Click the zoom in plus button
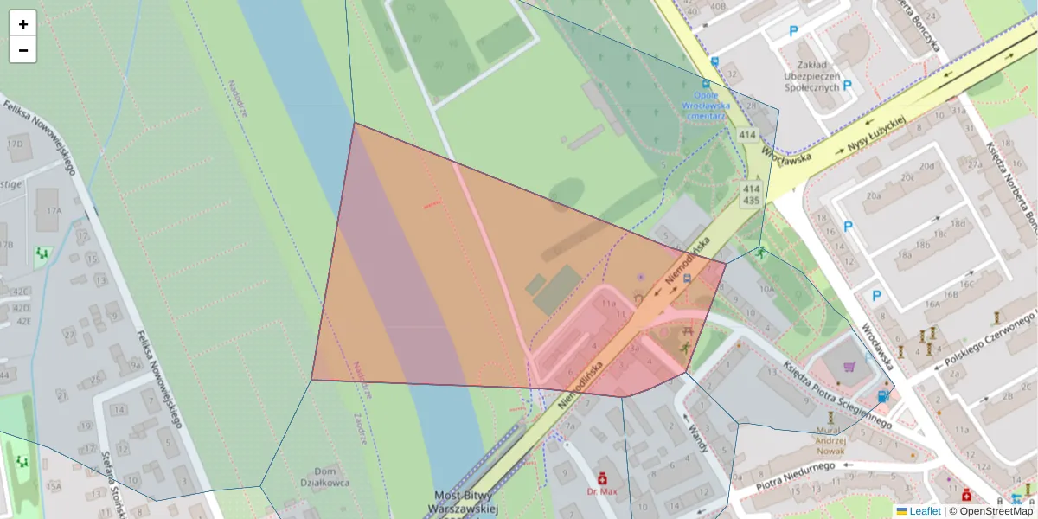point(23,24)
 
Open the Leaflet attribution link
point(925,511)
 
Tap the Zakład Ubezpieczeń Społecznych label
point(811,76)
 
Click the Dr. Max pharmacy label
point(602,491)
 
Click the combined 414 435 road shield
point(751,195)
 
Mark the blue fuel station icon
point(882,396)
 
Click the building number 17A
point(54,210)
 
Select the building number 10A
point(766,291)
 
